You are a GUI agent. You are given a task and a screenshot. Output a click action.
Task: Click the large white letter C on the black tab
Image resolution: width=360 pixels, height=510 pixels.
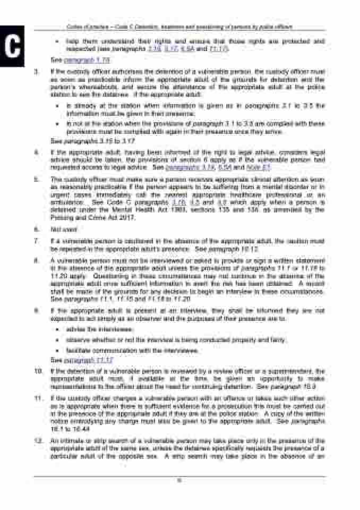(12, 46)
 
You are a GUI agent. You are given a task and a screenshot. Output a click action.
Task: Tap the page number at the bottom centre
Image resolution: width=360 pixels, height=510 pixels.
(180, 482)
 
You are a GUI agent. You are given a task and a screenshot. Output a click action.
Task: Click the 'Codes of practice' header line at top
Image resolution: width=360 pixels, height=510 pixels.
(180, 26)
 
